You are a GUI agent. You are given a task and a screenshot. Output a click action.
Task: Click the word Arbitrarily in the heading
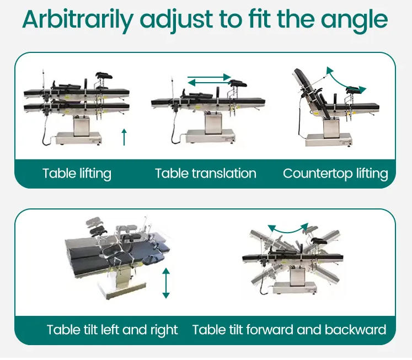pos(78,20)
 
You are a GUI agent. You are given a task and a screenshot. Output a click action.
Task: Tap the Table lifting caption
pos(77,174)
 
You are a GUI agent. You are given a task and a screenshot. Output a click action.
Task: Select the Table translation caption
pos(206,174)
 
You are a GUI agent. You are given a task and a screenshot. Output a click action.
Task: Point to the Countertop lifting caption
pos(335,174)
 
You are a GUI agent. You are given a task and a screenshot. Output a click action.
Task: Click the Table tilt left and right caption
pos(112,330)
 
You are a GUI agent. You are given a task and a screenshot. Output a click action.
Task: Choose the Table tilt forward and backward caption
pos(290,330)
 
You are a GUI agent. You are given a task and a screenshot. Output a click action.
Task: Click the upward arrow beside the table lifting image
pos(124,137)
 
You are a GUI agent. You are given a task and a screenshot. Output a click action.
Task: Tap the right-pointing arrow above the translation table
pos(209,77)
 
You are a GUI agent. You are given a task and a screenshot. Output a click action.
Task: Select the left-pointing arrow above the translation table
pos(209,83)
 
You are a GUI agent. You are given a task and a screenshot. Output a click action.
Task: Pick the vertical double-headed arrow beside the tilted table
pos(166,283)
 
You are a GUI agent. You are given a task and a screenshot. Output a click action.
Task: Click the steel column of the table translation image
pos(213,123)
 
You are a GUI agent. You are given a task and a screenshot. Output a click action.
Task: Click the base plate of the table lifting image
pos(79,138)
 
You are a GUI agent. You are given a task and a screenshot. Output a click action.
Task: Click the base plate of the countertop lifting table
pos(329,140)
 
